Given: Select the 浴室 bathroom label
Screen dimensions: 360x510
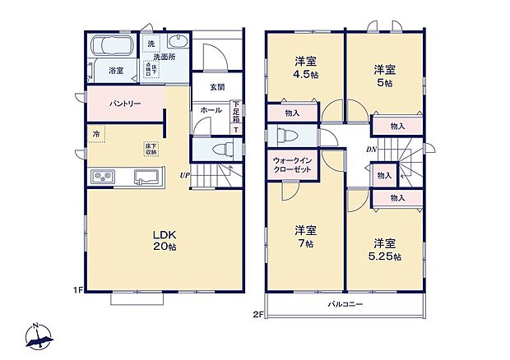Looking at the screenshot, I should pos(117,72).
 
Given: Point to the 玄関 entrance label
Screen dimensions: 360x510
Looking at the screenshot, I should pos(217,87).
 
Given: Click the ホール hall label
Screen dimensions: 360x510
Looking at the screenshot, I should pos(211,108).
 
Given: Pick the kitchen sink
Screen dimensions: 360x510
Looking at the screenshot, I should pos(147,175).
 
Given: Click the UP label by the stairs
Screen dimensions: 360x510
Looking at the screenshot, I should pos(187,175).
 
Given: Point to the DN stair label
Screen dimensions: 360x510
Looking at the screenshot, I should pos(372,150).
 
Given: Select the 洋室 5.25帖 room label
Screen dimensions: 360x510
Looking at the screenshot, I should pos(385,250).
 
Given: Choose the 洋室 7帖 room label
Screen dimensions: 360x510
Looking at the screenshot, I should pos(307,237).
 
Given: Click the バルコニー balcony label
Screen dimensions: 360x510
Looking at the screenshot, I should pos(344,304).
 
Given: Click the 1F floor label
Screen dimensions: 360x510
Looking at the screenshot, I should pos(78,290).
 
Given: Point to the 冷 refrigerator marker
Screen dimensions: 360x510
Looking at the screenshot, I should pos(96,134).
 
